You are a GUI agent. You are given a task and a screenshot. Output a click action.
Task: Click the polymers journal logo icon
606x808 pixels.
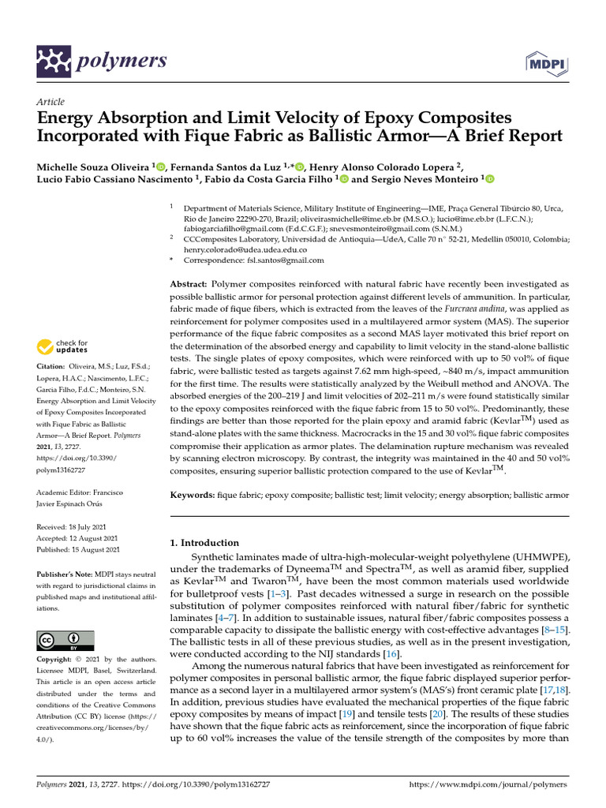(x=54, y=60)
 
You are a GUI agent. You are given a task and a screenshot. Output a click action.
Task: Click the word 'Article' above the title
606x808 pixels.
(x=50, y=102)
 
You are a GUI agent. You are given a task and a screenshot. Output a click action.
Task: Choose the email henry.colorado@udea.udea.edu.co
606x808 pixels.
(x=245, y=249)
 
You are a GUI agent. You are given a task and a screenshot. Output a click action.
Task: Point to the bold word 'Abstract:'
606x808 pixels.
(x=189, y=282)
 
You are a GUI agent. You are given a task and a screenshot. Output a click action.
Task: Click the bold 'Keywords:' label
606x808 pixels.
(x=193, y=494)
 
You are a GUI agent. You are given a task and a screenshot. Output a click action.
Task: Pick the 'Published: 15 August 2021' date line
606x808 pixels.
(x=79, y=549)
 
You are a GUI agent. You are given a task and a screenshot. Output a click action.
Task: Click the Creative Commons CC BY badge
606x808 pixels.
(x=65, y=639)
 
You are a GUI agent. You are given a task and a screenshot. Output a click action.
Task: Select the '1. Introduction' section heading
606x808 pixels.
(x=204, y=543)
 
